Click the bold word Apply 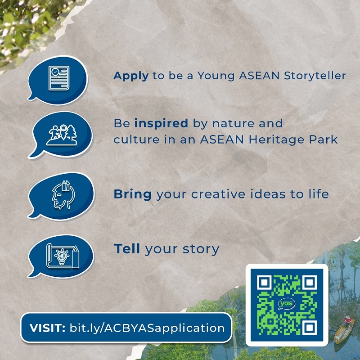[131, 76]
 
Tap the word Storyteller [315, 76]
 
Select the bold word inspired [161, 123]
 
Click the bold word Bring [132, 194]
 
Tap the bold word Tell [127, 249]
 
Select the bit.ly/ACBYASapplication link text [147, 328]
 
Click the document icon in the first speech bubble [59, 78]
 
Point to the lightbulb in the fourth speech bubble [62, 256]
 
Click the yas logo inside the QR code [287, 304]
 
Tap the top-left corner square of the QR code [264, 283]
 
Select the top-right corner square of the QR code [310, 283]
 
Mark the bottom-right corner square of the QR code [310, 328]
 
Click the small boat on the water [344, 331]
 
